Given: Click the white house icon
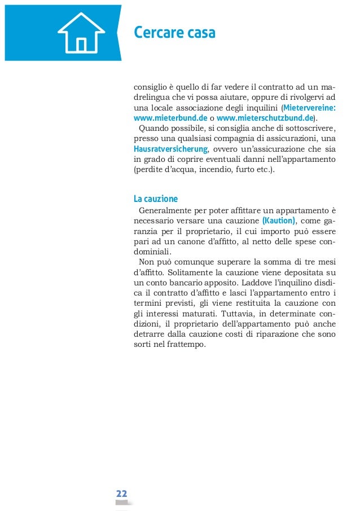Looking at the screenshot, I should [81, 32].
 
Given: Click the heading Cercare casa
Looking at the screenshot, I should [174, 33].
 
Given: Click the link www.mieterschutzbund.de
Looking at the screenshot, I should [265, 118].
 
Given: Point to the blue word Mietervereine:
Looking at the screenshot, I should [310, 108].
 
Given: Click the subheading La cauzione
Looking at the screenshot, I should [156, 199].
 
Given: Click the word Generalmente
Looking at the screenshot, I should [165, 210].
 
